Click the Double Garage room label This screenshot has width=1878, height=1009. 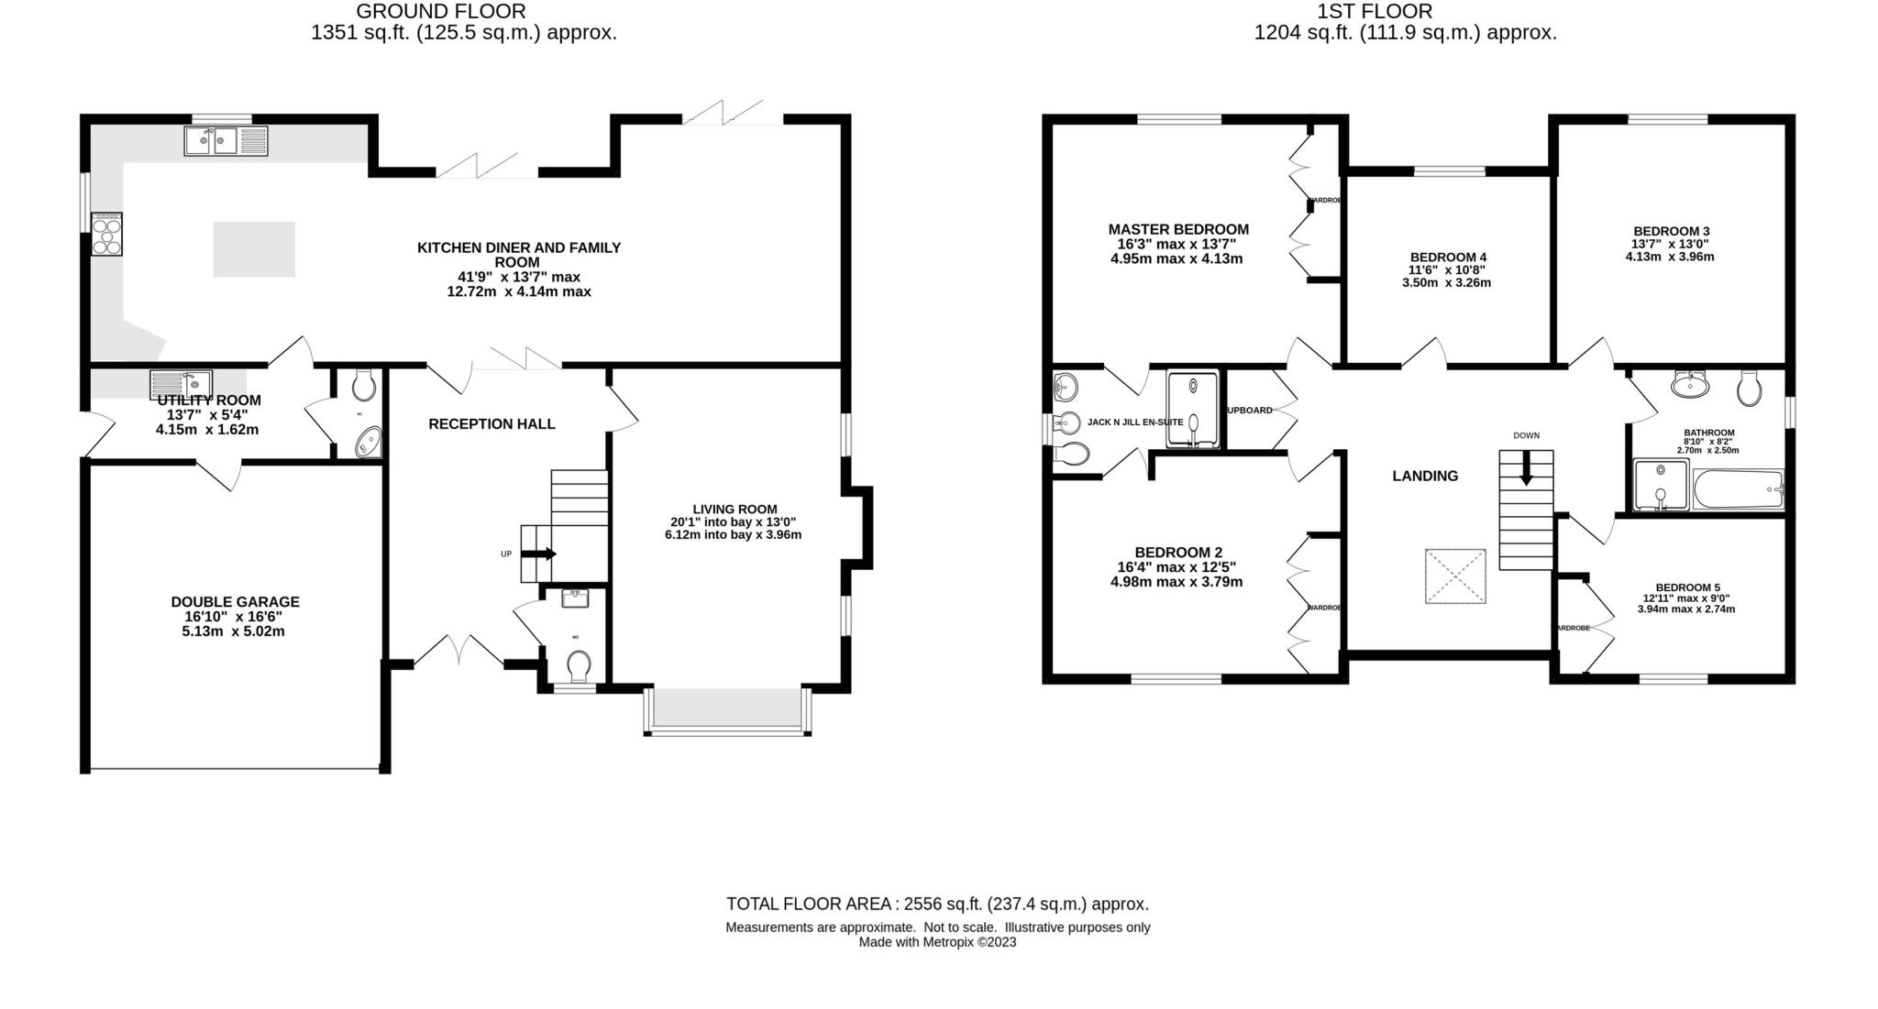[235, 602]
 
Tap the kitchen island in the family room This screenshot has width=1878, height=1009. [254, 249]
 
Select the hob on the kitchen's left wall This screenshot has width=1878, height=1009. [106, 234]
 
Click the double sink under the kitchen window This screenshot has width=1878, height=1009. [226, 141]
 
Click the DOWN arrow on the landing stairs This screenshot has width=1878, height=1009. [1526, 469]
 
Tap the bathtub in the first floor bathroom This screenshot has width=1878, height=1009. [1738, 489]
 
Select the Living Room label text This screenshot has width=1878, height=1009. [735, 510]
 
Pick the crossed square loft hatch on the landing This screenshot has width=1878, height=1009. [1455, 576]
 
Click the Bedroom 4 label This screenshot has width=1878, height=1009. [1448, 258]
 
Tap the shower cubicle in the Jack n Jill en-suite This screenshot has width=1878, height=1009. [1193, 409]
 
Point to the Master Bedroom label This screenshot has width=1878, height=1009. [1177, 230]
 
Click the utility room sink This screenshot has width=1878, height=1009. [182, 384]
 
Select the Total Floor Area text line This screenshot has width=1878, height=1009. [937, 904]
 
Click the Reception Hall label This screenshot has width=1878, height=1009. [492, 424]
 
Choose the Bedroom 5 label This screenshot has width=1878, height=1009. [1687, 587]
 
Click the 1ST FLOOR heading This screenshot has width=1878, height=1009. [1374, 12]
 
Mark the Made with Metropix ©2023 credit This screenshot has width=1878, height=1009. [937, 942]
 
